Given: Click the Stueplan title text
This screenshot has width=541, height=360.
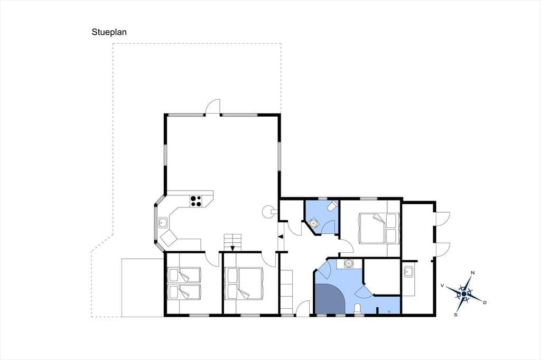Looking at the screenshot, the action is coord(109,32).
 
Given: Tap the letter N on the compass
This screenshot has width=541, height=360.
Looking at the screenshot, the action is coord(473,273).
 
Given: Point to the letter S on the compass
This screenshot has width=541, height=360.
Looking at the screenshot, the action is coord(455,315).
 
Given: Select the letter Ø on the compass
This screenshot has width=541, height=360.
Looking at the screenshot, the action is coord(485,302).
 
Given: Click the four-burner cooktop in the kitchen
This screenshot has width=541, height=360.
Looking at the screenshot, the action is coord(196,201).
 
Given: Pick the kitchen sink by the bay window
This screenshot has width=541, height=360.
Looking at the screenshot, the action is coord(163,222).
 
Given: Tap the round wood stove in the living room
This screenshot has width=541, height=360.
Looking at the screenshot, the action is coord(267,211).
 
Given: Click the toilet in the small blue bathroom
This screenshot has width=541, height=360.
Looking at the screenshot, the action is coord(333,206).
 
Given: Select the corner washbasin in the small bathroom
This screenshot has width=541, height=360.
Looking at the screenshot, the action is coord(313,223).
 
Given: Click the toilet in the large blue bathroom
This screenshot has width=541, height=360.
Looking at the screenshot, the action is coord(358,308).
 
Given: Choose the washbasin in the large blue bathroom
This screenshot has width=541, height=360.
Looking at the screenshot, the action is coord(349,263).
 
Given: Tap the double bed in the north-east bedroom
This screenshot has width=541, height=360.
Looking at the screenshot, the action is coord(379,228).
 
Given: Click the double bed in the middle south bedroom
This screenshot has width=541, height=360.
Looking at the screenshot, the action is coord(244,283).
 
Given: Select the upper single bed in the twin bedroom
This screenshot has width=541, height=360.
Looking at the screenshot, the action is coord(184,275).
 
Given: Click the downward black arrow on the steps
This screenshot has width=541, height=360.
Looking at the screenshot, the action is coord(232,248).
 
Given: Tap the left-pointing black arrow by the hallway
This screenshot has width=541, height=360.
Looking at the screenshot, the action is coord(281,236).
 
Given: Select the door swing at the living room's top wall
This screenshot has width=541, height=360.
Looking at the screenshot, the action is coord(212,107).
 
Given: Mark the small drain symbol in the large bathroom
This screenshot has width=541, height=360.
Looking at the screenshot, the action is coord(389,311).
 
